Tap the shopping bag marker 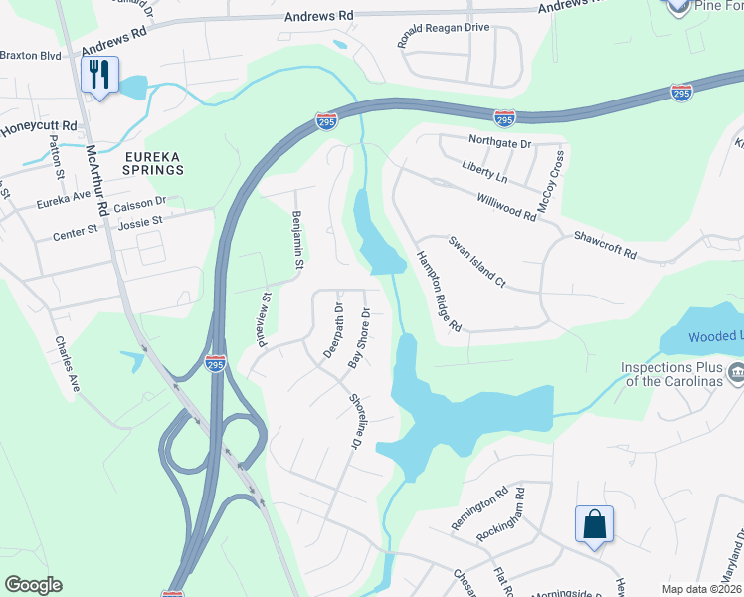coord(593,524)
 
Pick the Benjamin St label coord(296,238)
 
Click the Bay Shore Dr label coord(358,339)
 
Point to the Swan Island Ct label coord(476,262)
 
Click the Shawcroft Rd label coord(604,246)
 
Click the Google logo coord(33,585)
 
